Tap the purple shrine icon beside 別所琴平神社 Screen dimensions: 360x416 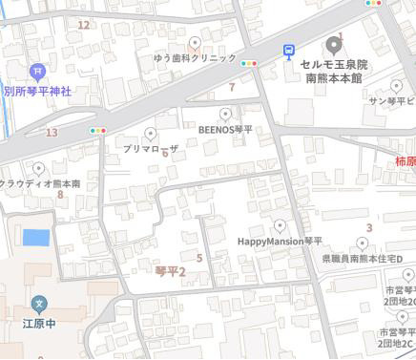(37, 70)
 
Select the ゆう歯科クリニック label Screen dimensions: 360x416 (195, 58)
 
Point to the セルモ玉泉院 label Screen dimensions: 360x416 (333, 64)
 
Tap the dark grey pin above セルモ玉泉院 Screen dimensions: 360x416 (332, 45)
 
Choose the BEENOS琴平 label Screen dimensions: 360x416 (225, 129)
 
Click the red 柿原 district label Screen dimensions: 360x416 (405, 161)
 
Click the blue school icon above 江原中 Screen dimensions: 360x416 (40, 305)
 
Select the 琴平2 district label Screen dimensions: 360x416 (170, 272)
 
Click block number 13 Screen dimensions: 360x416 (52, 132)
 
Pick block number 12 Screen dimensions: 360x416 (84, 24)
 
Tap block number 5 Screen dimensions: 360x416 (199, 257)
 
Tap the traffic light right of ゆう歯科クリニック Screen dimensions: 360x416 (250, 64)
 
